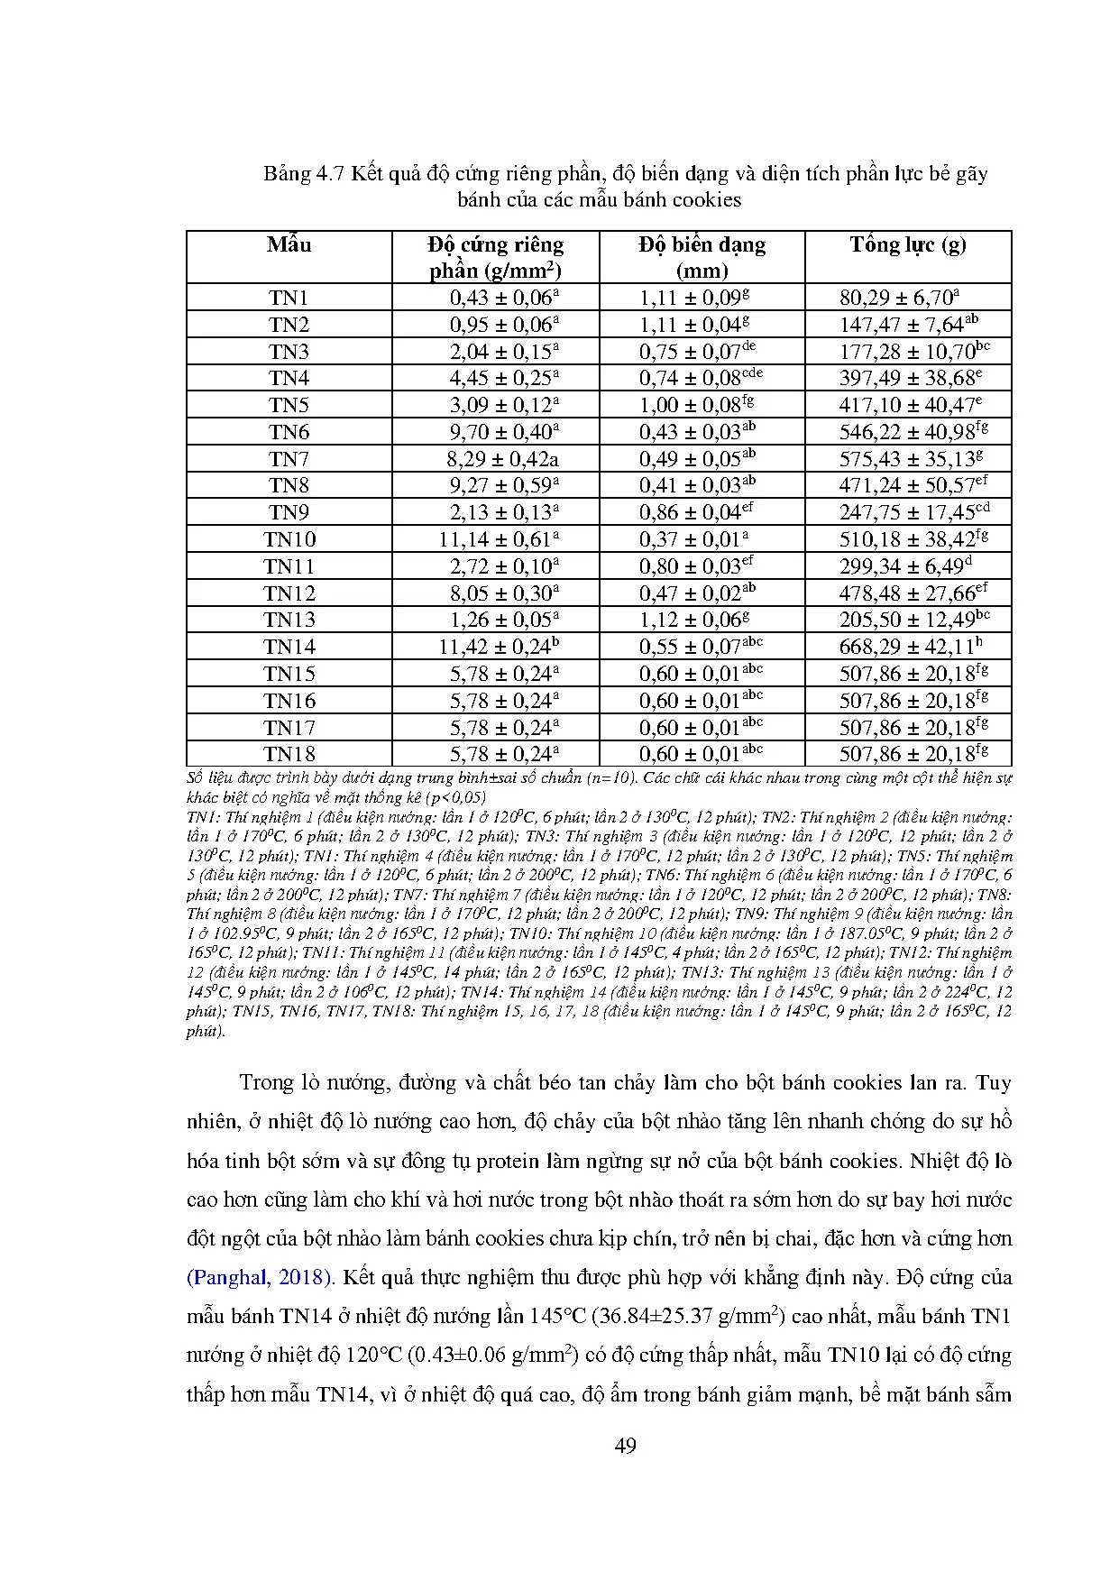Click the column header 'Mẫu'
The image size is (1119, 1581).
[289, 245]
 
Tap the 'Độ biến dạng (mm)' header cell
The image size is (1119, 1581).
[702, 258]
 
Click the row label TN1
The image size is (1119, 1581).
[289, 299]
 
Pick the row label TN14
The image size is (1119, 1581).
[289, 648]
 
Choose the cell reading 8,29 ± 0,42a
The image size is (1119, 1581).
[502, 460]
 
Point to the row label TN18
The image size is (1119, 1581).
[289, 755]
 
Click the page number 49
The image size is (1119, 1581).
[625, 1447]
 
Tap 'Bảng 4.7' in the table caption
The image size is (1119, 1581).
[304, 174]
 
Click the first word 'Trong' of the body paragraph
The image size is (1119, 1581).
[267, 1083]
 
